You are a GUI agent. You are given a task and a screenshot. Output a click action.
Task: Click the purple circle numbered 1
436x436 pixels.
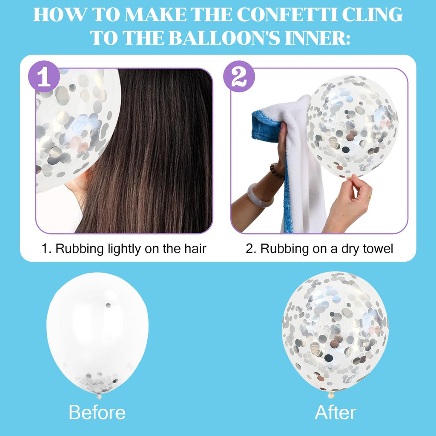tap(44, 77)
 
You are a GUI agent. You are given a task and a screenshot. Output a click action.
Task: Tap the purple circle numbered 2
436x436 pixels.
tap(239, 77)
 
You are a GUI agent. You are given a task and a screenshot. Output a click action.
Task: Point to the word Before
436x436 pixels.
tap(97, 412)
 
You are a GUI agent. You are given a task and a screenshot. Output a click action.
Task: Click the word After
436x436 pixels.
tap(336, 412)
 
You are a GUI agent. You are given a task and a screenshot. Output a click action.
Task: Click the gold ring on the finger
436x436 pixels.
tap(369, 197)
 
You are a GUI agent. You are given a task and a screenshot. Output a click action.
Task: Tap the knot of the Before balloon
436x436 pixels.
tap(99, 396)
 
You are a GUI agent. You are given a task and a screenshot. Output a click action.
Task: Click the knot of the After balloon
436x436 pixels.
tap(330, 395)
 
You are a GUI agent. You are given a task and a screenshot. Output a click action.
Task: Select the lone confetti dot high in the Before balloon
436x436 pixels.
tap(108, 305)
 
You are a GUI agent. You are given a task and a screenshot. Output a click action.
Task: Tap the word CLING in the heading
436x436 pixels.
tap(372, 15)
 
